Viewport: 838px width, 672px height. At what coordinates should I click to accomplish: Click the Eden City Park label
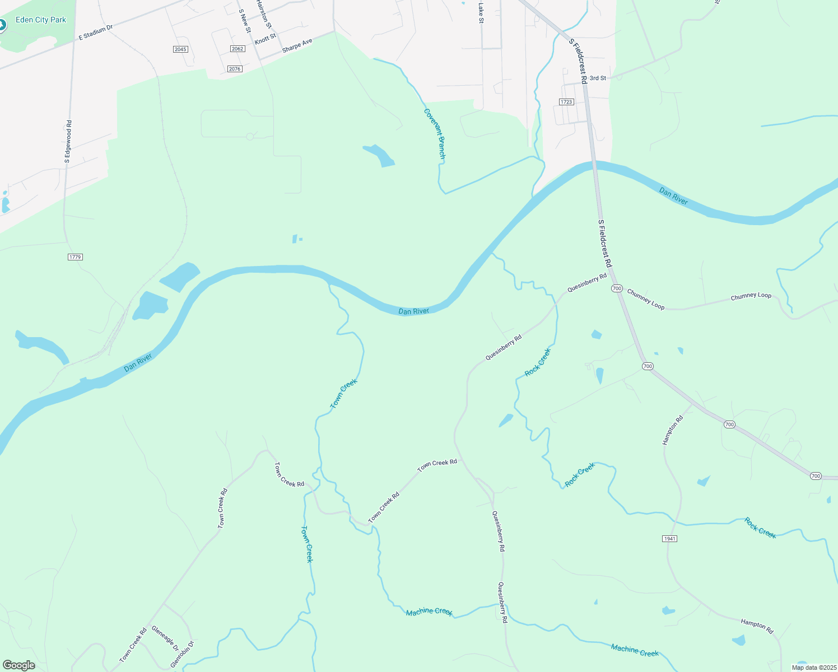coord(41,20)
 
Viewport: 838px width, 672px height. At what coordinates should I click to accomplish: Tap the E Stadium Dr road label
coord(96,32)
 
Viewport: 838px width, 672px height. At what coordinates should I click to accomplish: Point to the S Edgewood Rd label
coord(68,142)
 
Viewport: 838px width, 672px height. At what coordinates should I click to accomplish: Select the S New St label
coord(245,21)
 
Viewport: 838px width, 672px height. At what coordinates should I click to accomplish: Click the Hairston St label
coord(264,13)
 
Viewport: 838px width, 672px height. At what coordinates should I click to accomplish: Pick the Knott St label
coord(266,39)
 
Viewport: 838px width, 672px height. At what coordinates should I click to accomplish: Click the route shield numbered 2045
coord(180,49)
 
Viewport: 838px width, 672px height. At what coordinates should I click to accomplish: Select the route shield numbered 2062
coord(238,49)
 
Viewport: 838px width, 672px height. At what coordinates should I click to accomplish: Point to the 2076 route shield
coord(235,69)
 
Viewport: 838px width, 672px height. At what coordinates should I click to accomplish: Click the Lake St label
coord(481,12)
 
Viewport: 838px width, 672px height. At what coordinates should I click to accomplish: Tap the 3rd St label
coord(598,78)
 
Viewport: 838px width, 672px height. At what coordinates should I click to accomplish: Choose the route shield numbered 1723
coord(566,102)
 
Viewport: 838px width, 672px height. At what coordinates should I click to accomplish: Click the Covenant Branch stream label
coord(434,134)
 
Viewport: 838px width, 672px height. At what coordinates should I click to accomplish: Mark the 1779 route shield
coord(75,257)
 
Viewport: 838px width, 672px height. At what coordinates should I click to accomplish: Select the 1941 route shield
coord(669,539)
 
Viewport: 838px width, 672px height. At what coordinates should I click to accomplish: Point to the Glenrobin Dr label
coord(182,654)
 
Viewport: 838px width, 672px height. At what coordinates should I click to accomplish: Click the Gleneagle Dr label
coord(165,639)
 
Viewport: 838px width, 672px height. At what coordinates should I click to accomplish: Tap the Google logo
coord(18,665)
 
